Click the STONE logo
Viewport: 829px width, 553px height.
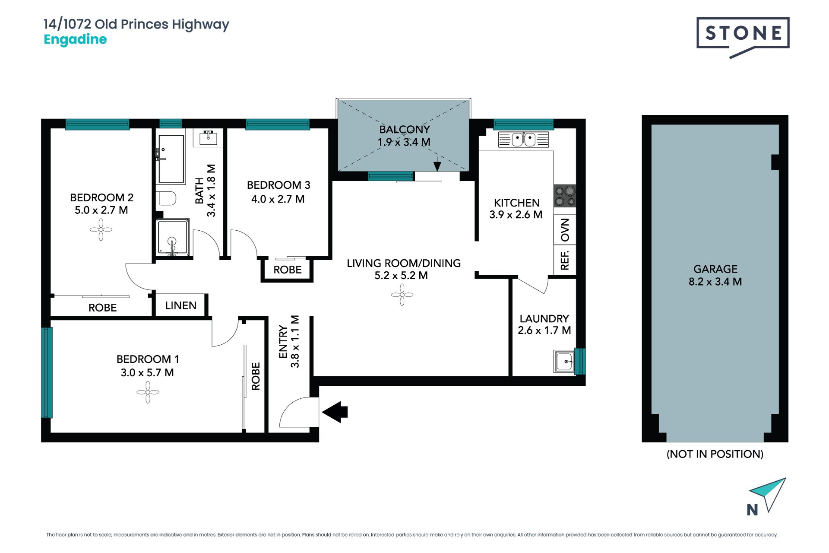pos(743,37)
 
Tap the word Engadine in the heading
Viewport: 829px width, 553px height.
pos(75,40)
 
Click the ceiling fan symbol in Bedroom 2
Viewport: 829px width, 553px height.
pos(101,229)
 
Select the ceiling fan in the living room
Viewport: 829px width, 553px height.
pos(402,295)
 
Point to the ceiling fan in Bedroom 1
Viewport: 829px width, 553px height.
pos(148,392)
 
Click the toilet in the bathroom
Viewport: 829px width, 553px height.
pos(166,199)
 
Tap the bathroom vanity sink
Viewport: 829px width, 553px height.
pos(209,137)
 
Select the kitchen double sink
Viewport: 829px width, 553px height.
pos(523,140)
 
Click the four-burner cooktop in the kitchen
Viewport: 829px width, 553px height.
pos(565,196)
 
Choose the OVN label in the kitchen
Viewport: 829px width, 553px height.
pos(565,230)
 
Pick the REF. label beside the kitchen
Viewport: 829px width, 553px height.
pos(565,260)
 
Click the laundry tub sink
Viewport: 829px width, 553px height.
pos(564,361)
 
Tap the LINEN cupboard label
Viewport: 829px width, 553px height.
pos(181,305)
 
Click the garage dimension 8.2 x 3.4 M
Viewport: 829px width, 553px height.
pos(715,282)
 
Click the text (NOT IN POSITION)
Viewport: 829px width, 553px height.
pos(715,454)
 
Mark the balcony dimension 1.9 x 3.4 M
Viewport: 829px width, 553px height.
pos(404,142)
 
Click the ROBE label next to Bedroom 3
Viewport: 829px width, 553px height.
pos(288,270)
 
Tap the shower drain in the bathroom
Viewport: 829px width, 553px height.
pos(172,242)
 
